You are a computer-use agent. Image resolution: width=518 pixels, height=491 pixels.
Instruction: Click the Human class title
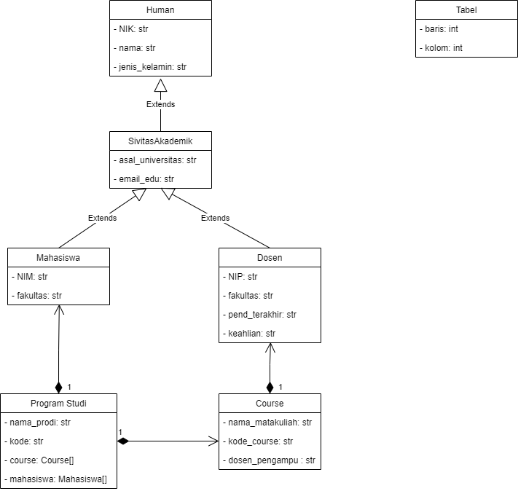pyautogui.click(x=160, y=10)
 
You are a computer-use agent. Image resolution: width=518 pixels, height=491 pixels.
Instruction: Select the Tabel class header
pyautogui.click(x=466, y=10)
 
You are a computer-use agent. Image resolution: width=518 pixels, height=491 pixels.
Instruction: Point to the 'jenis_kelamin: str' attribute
pyautogui.click(x=151, y=67)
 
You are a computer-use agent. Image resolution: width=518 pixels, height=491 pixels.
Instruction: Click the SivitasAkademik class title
pyautogui.click(x=160, y=141)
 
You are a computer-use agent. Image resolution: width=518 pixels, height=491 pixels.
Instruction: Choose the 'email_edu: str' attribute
pyautogui.click(x=144, y=178)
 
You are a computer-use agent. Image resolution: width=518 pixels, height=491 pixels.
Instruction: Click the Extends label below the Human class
pyautogui.click(x=160, y=104)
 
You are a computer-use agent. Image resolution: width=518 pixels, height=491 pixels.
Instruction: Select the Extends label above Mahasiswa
pyautogui.click(x=102, y=218)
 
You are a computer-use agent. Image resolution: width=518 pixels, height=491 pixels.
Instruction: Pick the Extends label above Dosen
pyautogui.click(x=215, y=218)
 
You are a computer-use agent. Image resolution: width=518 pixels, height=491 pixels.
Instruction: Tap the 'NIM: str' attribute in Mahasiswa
pyautogui.click(x=31, y=277)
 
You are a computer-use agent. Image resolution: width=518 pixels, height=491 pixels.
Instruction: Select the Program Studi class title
pyautogui.click(x=58, y=403)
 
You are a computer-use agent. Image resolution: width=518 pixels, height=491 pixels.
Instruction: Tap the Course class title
pyautogui.click(x=270, y=403)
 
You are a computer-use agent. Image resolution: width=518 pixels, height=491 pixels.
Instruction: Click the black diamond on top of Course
pyautogui.click(x=270, y=386)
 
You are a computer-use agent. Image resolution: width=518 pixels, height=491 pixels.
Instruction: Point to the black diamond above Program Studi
pyautogui.click(x=58, y=386)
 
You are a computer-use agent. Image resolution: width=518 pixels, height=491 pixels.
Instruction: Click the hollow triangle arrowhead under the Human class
pyautogui.click(x=160, y=85)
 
